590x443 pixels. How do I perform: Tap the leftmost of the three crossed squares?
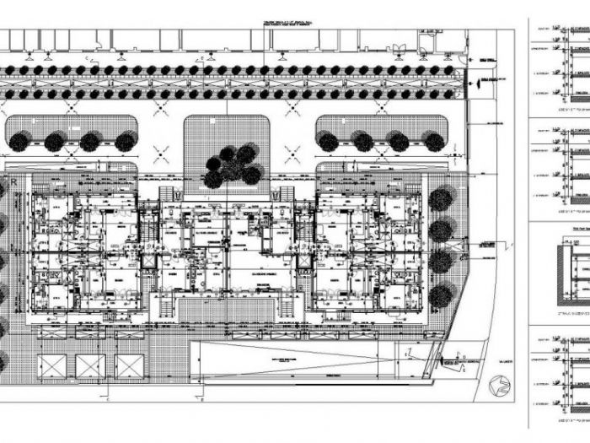[x=51, y=366]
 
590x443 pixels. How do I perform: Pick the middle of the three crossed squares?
[x=90, y=366]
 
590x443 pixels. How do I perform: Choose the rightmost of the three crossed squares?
[x=129, y=366]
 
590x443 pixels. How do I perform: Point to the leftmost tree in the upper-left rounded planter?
[x=19, y=142]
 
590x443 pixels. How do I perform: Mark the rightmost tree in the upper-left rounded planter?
[x=125, y=142]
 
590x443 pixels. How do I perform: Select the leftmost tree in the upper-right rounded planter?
[x=329, y=142]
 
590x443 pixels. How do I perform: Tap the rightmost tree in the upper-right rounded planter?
[x=434, y=142]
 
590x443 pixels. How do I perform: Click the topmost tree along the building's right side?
[x=441, y=199]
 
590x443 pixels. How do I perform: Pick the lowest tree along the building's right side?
[x=441, y=295]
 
